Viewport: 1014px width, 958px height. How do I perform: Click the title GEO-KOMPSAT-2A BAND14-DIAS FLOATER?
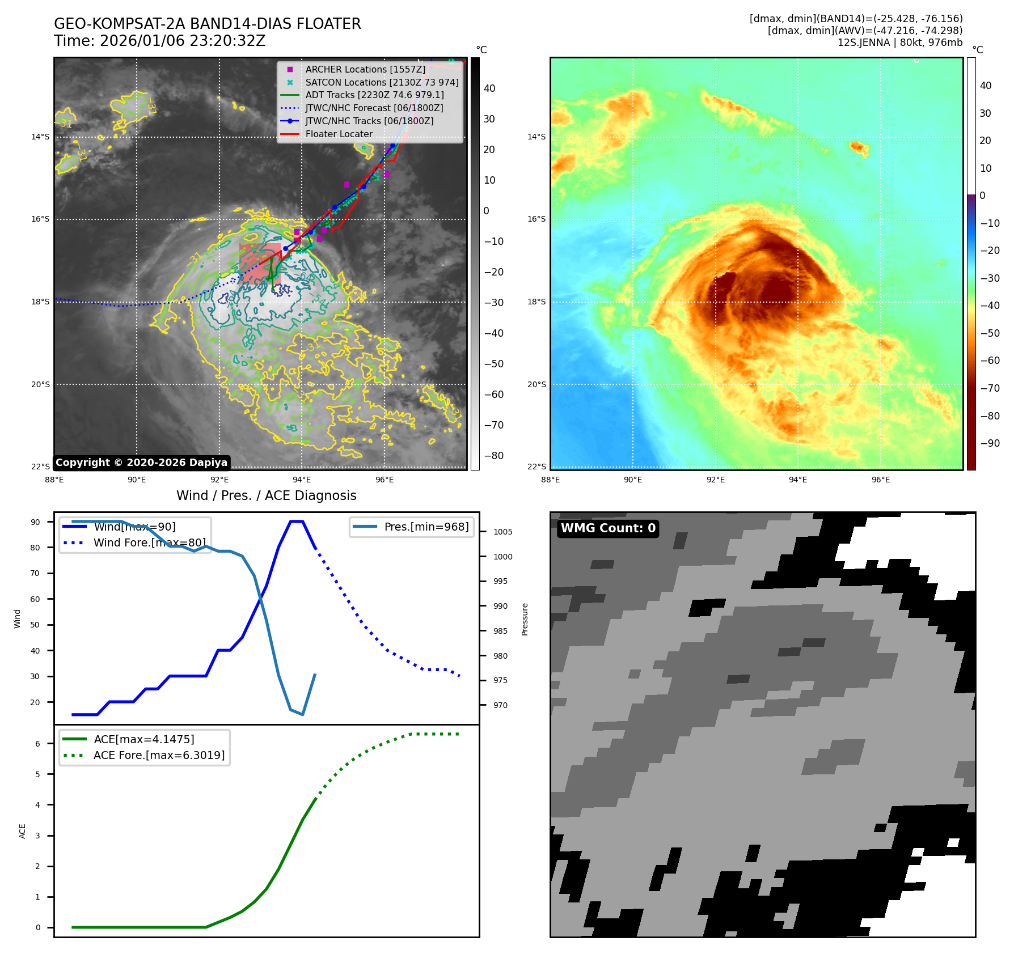[x=207, y=24]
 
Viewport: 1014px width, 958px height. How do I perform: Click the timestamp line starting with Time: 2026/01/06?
[x=159, y=41]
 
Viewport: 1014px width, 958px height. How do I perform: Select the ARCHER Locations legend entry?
[x=365, y=69]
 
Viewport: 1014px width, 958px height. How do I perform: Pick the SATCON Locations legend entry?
[x=381, y=82]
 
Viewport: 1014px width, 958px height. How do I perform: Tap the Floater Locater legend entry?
[x=339, y=134]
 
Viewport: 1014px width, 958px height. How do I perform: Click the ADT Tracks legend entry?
[x=374, y=95]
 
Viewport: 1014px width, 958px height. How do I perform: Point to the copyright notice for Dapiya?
[x=141, y=463]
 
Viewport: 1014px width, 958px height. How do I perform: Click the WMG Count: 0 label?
[x=607, y=528]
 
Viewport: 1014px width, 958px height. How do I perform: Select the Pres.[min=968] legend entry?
[x=426, y=527]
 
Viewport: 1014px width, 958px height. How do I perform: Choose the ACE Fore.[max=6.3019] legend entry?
[x=159, y=755]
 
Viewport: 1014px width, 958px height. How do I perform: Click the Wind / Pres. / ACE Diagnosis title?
[x=266, y=495]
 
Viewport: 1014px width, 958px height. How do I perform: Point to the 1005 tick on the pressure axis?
[x=502, y=532]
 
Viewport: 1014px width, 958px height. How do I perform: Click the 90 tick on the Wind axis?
[x=35, y=522]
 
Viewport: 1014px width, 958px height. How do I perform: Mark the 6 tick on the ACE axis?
[x=38, y=744]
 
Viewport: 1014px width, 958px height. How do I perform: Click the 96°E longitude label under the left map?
[x=384, y=480]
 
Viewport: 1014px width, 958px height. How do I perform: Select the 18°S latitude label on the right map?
[x=536, y=302]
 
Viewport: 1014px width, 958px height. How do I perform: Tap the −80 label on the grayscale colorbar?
[x=493, y=456]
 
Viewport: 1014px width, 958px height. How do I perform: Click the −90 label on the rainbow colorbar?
[x=990, y=443]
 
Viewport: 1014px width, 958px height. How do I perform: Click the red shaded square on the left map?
[x=260, y=264]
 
